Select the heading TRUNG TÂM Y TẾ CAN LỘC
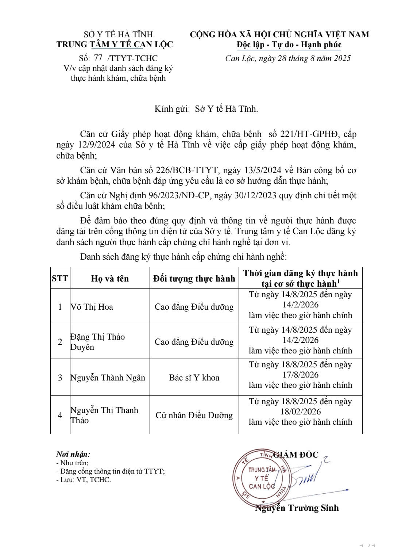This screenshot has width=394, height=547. [115, 45]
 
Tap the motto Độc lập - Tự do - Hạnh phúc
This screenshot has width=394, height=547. [289, 45]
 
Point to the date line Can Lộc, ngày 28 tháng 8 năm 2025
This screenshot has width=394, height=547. [288, 58]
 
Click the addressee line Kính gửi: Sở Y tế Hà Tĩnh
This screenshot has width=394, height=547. [206, 108]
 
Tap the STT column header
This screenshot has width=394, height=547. [60, 278]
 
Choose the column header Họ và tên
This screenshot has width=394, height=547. [110, 278]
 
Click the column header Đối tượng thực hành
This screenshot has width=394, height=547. [194, 278]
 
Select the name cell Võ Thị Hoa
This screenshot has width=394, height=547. [92, 307]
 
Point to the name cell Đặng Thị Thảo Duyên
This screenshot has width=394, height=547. [97, 342]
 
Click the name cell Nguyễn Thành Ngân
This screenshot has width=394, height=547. [108, 378]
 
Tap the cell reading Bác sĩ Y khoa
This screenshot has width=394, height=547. [194, 378]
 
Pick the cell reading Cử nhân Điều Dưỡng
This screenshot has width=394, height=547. [194, 415]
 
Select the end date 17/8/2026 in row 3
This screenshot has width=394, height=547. [300, 375]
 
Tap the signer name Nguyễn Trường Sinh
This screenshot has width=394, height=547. [297, 508]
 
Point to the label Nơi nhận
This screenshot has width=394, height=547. [73, 454]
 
